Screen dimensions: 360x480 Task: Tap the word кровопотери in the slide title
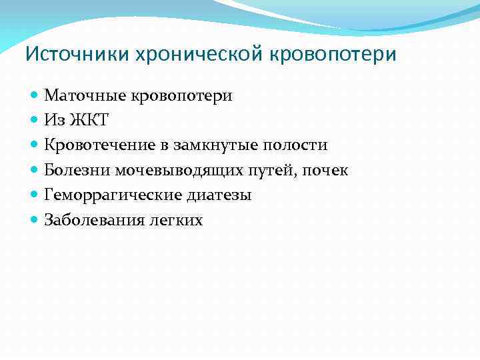point(333,53)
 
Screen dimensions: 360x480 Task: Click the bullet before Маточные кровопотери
point(35,96)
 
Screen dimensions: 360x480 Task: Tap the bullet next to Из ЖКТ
point(35,121)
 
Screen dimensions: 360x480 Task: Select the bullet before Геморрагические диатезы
point(35,196)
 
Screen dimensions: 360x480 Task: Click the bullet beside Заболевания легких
point(35,221)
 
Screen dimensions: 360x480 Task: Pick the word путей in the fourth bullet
point(275,170)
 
